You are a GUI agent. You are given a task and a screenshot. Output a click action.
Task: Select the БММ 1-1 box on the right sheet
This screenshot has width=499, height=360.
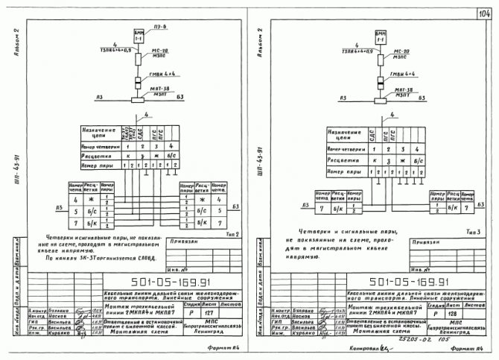(381, 36)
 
